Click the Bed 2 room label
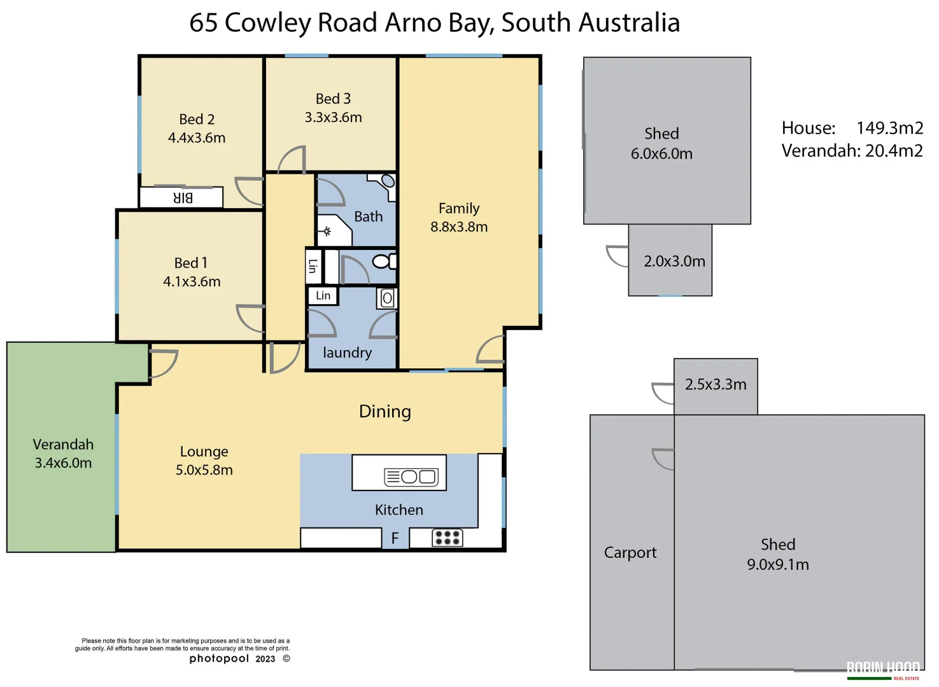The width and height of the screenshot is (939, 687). pyautogui.click(x=197, y=120)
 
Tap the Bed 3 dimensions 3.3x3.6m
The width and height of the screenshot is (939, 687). pyautogui.click(x=333, y=118)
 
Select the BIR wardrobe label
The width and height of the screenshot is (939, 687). pyautogui.click(x=183, y=198)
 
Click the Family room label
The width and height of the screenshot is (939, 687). pyautogui.click(x=458, y=209)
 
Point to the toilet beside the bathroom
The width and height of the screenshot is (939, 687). pyautogui.click(x=383, y=261)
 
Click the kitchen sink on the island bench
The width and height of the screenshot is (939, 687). pyautogui.click(x=411, y=476)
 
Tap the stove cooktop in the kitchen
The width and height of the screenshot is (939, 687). pyautogui.click(x=447, y=538)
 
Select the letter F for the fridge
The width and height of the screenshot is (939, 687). pyautogui.click(x=395, y=539)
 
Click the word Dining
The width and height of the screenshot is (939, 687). pyautogui.click(x=385, y=412)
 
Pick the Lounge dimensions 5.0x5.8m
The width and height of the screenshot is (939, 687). pyautogui.click(x=204, y=470)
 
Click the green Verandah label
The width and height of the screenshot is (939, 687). pyautogui.click(x=63, y=445)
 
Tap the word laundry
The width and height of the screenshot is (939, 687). pyautogui.click(x=347, y=353)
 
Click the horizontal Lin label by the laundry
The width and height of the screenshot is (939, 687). pyautogui.click(x=323, y=296)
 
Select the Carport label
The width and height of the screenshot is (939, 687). pyautogui.click(x=630, y=553)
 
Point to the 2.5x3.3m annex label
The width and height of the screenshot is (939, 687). pyautogui.click(x=716, y=385)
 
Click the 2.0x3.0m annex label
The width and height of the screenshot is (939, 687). pyautogui.click(x=674, y=261)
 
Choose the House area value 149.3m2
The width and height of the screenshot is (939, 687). pyautogui.click(x=889, y=128)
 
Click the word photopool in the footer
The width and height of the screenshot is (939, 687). pyautogui.click(x=219, y=658)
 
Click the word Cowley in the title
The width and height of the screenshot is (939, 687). pyautogui.click(x=267, y=23)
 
